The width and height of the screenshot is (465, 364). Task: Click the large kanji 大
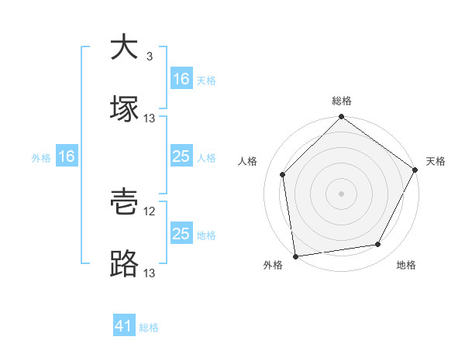tap(124, 48)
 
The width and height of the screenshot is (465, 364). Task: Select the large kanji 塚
tap(124, 108)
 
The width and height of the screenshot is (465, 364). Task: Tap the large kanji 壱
tap(124, 204)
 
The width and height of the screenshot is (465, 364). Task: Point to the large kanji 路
tap(124, 264)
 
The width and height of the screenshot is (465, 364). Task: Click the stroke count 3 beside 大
tap(149, 57)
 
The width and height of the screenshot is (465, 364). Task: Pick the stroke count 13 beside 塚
tap(150, 118)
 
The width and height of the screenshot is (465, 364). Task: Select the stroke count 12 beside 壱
tap(150, 211)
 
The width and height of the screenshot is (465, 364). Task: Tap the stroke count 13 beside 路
tap(150, 273)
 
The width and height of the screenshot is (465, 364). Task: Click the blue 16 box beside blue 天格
tap(181, 79)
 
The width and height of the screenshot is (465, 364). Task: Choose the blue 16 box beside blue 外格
tap(67, 156)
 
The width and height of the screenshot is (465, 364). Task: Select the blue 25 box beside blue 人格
tap(181, 156)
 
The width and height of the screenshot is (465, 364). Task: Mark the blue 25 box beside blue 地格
tap(181, 234)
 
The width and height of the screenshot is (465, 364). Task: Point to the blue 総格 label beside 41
tap(150, 328)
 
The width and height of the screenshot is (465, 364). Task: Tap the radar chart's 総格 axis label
tap(341, 101)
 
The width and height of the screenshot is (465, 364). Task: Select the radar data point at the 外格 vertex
tap(295, 256)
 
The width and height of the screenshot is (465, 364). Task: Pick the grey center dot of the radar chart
tap(341, 194)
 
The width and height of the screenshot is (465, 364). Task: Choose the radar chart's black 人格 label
tap(248, 161)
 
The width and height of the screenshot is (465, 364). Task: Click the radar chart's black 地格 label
tap(406, 266)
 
